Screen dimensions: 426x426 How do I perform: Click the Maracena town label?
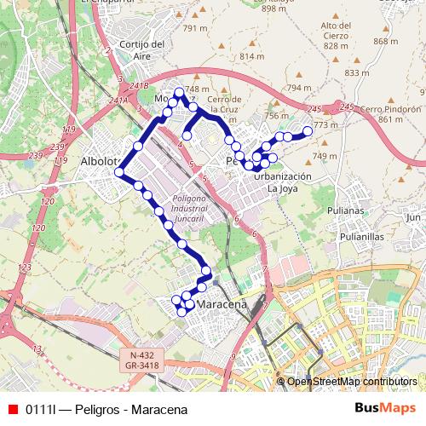(x=221, y=304)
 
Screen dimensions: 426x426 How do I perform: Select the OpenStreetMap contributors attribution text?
(x=352, y=381)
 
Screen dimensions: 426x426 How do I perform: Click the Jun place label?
(x=414, y=217)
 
